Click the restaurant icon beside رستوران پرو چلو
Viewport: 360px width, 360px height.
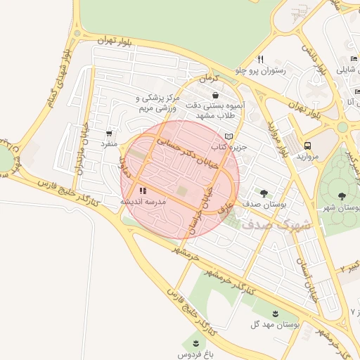(x=260, y=59)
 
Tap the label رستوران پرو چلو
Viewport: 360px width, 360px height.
(x=260, y=71)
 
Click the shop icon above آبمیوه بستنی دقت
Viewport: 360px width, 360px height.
(x=214, y=95)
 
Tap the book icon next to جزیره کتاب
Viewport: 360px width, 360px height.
(x=228, y=136)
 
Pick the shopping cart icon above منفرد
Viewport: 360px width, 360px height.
(x=109, y=133)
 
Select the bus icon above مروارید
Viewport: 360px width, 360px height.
(x=307, y=146)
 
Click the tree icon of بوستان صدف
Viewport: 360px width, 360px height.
(x=264, y=193)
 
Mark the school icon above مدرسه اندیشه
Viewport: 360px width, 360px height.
(x=143, y=191)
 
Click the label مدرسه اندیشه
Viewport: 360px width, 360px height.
(x=143, y=202)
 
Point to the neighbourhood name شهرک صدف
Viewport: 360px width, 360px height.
(x=270, y=225)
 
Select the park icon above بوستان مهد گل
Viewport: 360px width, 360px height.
(x=275, y=314)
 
